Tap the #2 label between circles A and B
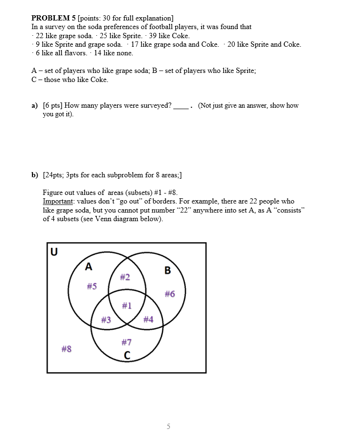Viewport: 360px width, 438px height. [125, 277]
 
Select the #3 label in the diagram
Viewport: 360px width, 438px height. [106, 319]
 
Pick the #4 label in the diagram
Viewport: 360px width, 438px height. [148, 319]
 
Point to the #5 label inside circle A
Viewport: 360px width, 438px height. [91, 286]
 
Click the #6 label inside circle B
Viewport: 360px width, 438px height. [170, 294]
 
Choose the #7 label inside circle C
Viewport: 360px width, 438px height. [127, 342]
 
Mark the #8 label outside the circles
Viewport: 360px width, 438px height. [67, 349]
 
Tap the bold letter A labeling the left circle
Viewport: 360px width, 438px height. [89, 267]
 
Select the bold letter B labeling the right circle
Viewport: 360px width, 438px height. [167, 271]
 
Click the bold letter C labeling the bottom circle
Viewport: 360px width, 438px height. [127, 355]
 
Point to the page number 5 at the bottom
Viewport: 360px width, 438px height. [168, 426]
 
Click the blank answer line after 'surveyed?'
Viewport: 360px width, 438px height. [180, 106]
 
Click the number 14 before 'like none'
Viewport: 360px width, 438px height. [98, 53]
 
